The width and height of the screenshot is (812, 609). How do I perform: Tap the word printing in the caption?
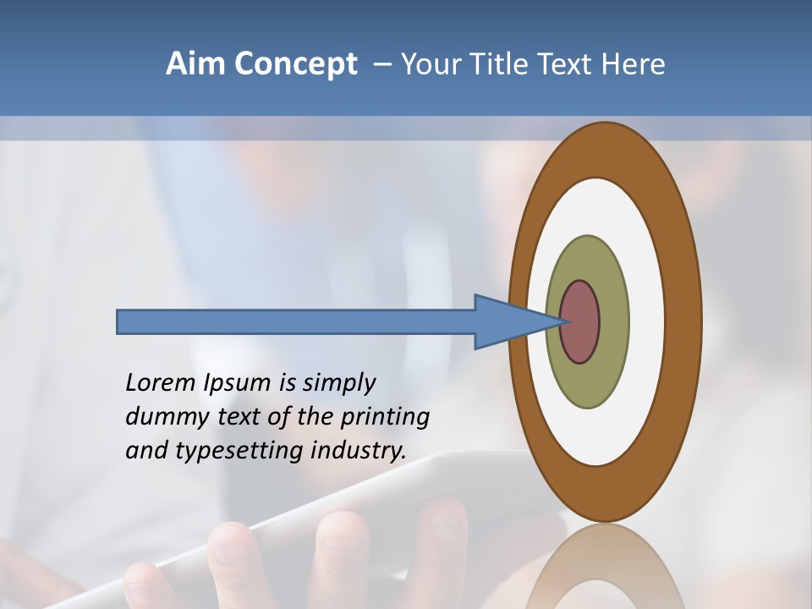384,417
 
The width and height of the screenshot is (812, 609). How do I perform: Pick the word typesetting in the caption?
240,451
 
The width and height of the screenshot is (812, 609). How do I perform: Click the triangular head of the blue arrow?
507,322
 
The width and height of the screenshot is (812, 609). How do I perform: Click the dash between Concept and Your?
381,64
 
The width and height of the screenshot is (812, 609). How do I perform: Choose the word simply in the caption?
338,383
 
